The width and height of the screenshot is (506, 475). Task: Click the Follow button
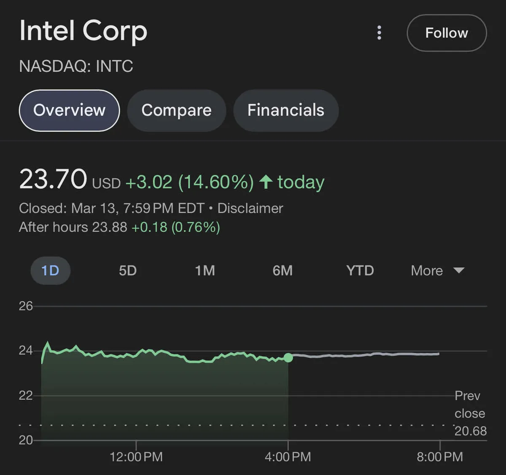coord(446,33)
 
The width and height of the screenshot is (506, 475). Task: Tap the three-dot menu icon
coord(379,32)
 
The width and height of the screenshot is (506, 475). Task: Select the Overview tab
coord(69,110)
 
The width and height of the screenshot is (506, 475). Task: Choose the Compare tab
coord(176,110)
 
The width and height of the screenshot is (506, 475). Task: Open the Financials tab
coord(285,110)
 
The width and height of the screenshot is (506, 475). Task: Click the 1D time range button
coord(50,271)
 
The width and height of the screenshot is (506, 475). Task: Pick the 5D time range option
coord(128,271)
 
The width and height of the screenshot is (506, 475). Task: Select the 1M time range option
coord(205,271)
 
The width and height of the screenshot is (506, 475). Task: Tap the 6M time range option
coord(283,271)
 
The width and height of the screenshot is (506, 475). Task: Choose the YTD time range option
coord(360,271)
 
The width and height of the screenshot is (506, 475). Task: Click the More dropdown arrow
coord(459,271)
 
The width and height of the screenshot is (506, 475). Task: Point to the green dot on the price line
coord(288,358)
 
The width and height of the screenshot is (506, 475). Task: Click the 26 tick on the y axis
coord(26,306)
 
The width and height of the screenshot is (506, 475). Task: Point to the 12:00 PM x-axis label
coord(136,457)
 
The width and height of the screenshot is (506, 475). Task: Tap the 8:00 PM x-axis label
coord(440,457)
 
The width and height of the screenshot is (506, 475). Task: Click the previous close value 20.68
coord(471,431)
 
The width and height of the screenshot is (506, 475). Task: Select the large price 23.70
coord(53,180)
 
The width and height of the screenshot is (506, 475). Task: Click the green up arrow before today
coord(266,182)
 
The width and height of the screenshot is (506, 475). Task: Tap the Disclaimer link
coord(250,208)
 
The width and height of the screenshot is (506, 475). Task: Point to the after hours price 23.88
coord(110,227)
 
